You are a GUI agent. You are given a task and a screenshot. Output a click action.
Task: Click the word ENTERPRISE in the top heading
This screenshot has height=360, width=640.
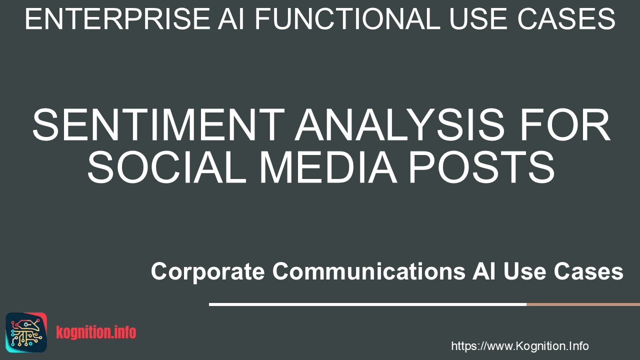coord(117,19)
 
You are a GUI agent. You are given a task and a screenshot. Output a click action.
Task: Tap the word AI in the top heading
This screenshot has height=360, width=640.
coord(231,19)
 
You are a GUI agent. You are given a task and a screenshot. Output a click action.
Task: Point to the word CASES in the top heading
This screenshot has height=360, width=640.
coord(566,19)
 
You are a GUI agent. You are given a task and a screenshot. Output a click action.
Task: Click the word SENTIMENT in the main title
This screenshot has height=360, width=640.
coord(158,124)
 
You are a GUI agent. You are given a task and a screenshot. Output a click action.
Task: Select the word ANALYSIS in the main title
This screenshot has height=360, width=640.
coord(400,124)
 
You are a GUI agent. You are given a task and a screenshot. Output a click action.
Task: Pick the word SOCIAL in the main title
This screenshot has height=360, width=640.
coord(166,167)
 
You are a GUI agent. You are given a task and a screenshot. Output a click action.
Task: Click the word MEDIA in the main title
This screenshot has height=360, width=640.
coord(328,167)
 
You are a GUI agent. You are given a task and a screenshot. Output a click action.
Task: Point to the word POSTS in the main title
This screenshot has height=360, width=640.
coord(482,167)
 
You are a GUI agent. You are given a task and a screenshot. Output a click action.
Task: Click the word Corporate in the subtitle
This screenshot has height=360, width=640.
coord(207,271)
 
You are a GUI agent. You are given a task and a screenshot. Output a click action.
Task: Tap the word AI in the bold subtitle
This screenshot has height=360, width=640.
coord(484,271)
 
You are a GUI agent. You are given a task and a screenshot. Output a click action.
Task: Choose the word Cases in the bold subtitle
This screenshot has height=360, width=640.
coord(588,271)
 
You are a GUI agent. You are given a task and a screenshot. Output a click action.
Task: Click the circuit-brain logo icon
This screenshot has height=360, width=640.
coord(26,332)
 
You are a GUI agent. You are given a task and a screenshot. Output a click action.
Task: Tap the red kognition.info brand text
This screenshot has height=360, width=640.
coord(96,332)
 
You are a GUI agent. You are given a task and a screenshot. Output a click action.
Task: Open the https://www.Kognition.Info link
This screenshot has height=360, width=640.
coord(520,346)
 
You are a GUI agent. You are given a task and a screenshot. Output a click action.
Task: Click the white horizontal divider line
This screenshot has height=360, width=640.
coord(367,304)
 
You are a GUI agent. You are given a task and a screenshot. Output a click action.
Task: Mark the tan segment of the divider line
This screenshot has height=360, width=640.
coord(583,304)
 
